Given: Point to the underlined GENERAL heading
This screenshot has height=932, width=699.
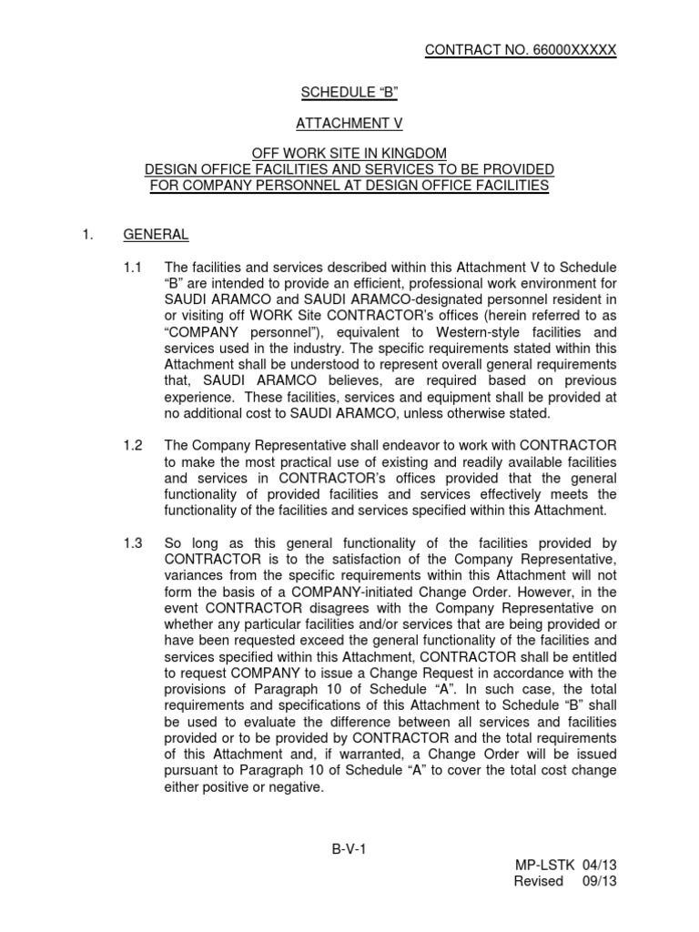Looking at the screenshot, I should pos(156,235).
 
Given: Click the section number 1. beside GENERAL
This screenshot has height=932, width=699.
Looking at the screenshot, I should pos(87,235).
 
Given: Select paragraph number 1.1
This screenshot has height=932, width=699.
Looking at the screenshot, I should pos(134,267).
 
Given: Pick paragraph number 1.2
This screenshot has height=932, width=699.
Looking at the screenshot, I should pos(134,444).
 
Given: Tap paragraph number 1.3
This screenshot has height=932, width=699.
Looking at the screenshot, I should pos(134,543).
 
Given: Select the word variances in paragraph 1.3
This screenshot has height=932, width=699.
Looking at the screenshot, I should pos(194,576).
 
